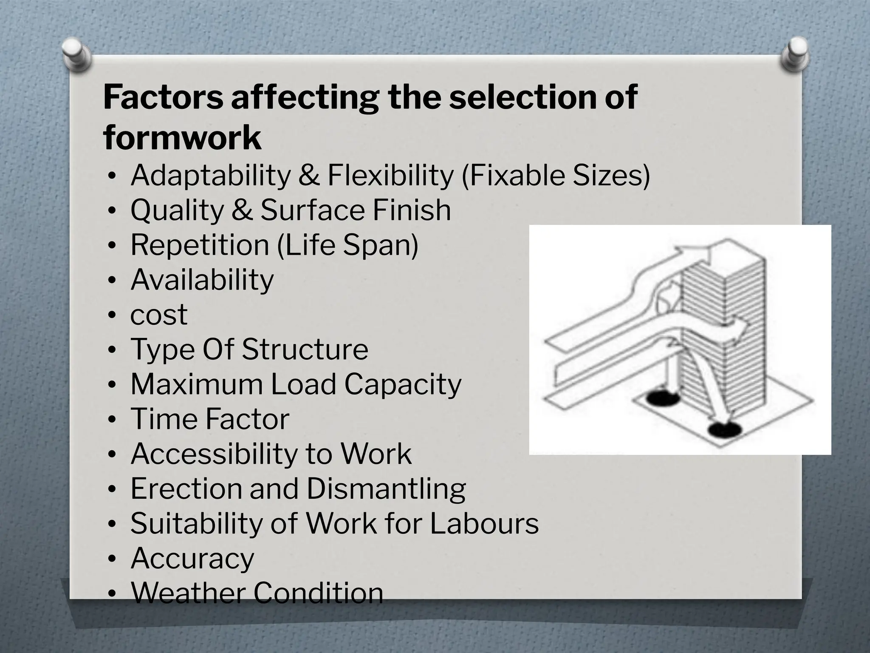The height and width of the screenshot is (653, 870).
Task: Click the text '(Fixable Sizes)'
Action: point(556,176)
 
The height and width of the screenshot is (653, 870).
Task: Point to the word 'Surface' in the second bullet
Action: point(313,210)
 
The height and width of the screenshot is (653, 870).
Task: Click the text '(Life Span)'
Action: point(347,245)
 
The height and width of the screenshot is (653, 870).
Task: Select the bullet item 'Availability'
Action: point(202,280)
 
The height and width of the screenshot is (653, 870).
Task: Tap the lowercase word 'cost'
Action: point(159,315)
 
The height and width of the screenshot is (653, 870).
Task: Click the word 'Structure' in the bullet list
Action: point(305,349)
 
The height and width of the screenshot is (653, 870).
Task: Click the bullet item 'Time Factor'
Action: point(210,419)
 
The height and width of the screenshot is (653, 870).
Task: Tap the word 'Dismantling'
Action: point(386,489)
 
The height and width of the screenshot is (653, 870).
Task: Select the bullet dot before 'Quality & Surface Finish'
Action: point(111,211)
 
